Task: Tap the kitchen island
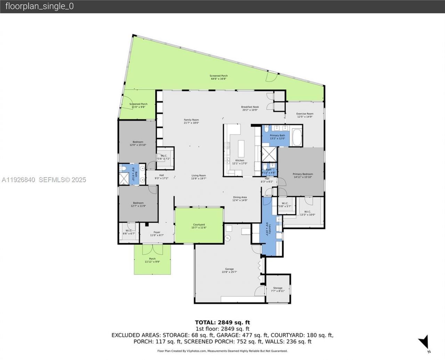pyautogui.click(x=241, y=149)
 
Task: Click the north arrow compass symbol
pyautogui.click(x=424, y=342)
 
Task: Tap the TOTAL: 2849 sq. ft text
pyautogui.click(x=222, y=322)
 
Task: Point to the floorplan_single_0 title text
pyautogui.click(x=40, y=6)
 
